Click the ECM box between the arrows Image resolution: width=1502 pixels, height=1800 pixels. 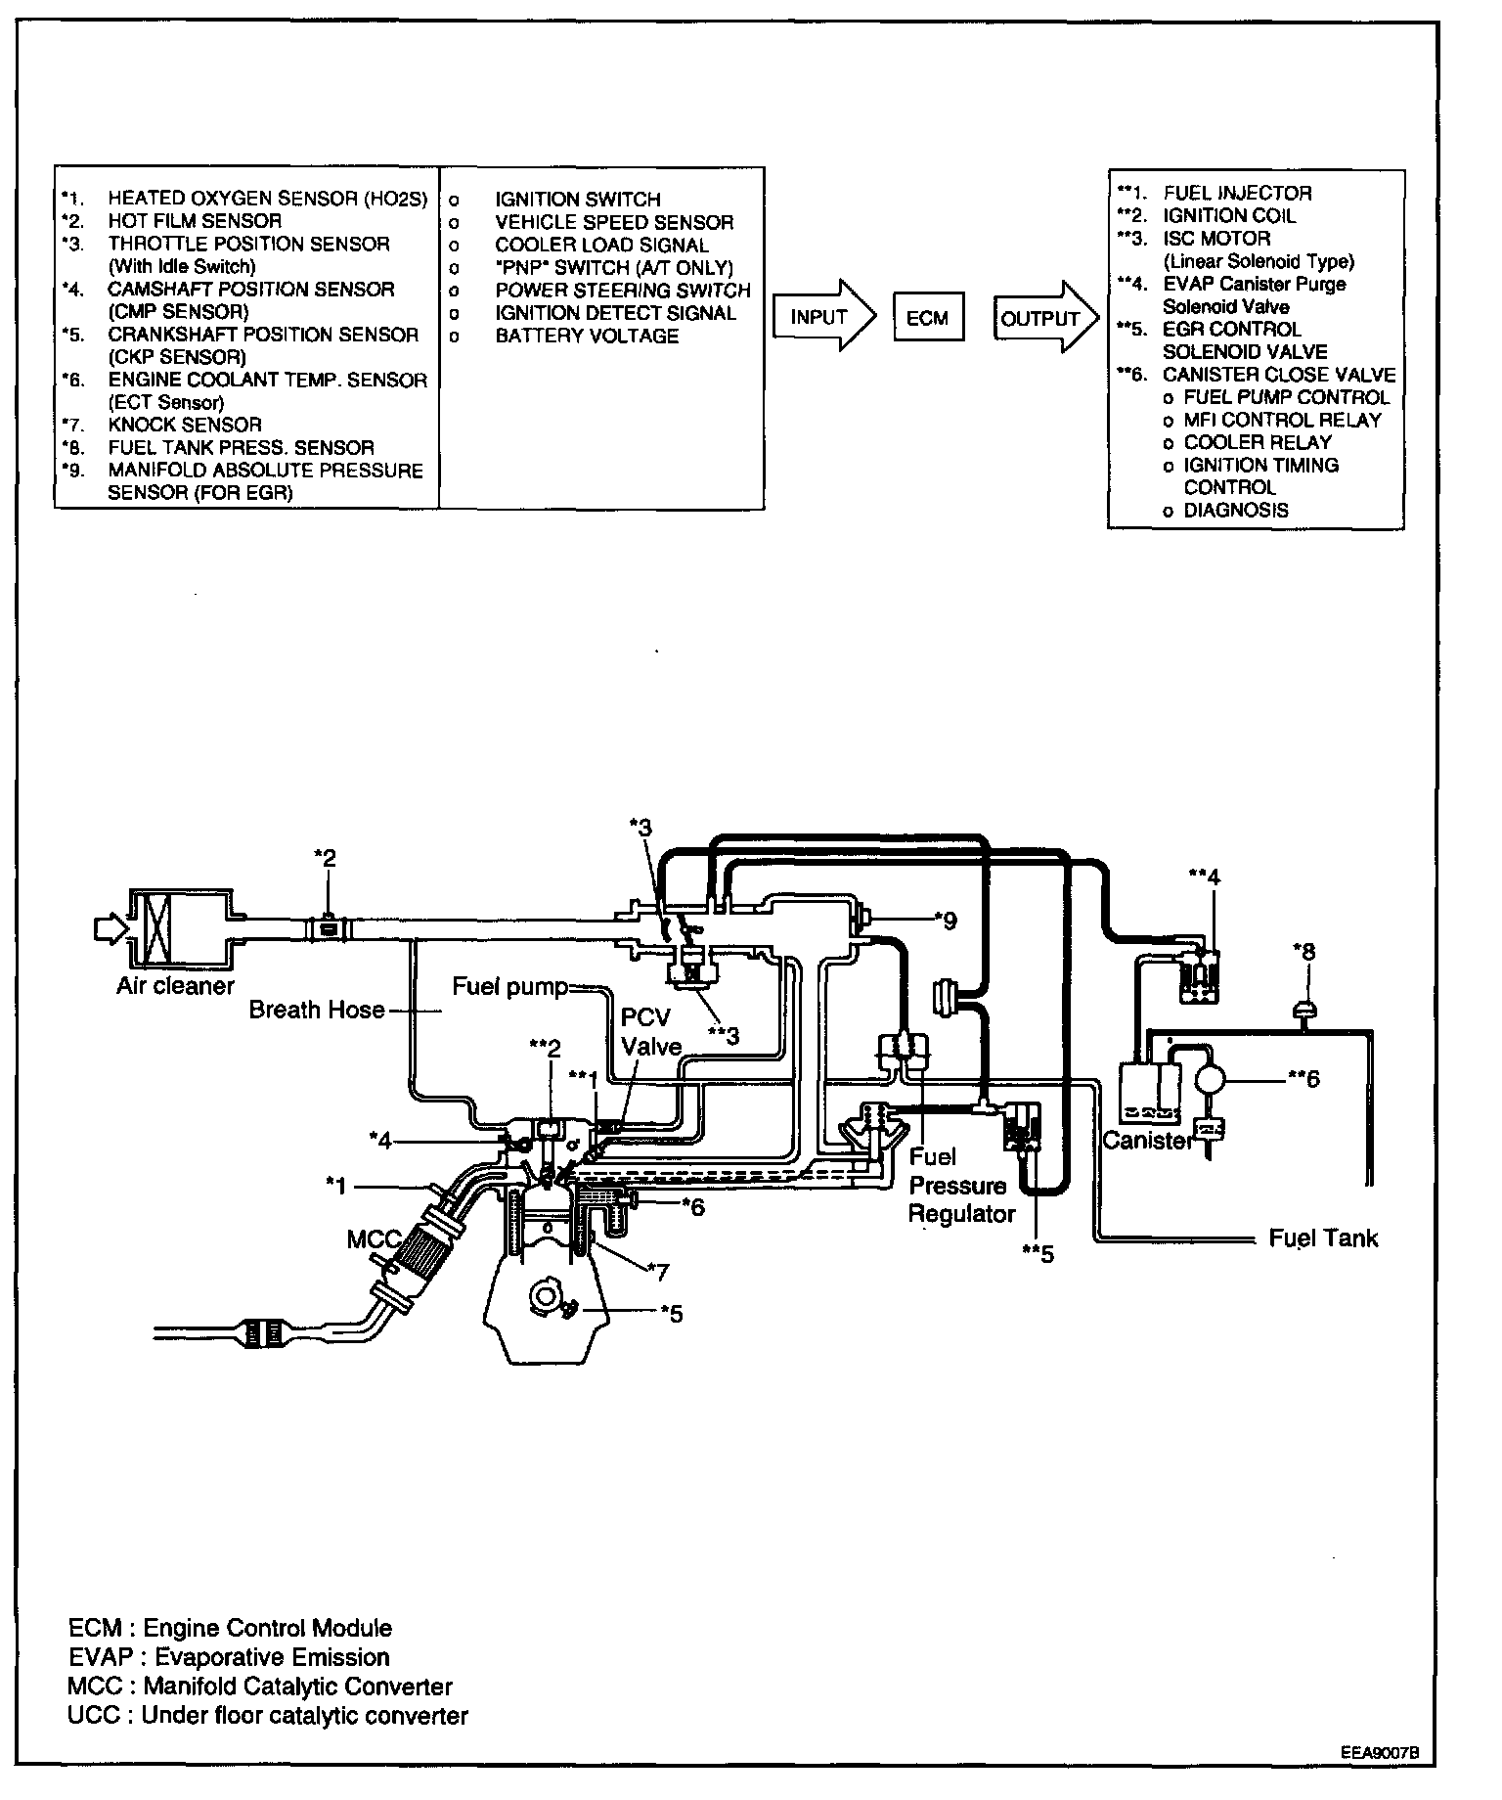click(x=927, y=318)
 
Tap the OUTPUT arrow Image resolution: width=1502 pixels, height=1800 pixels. click(x=1042, y=318)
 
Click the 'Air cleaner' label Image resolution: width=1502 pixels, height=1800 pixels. click(x=175, y=985)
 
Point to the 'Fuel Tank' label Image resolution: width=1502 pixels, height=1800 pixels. click(x=1322, y=1237)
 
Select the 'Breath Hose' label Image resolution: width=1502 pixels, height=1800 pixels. click(x=317, y=1010)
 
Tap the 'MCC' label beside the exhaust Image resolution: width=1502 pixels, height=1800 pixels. click(x=373, y=1239)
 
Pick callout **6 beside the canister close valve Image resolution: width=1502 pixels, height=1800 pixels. click(x=1303, y=1078)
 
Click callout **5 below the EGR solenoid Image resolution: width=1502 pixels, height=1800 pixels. click(x=1038, y=1253)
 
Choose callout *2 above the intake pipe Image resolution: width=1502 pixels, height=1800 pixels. click(x=325, y=857)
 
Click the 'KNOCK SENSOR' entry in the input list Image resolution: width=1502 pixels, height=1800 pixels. click(x=185, y=425)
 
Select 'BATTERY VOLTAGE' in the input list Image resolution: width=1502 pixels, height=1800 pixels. click(x=586, y=336)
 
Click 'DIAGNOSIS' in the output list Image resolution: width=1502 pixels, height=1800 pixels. click(x=1235, y=510)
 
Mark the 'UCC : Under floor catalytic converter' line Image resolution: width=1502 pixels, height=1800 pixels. click(x=268, y=1715)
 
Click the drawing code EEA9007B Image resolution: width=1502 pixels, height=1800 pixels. click(x=1379, y=1753)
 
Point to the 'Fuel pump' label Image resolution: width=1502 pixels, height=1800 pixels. click(x=508, y=986)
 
